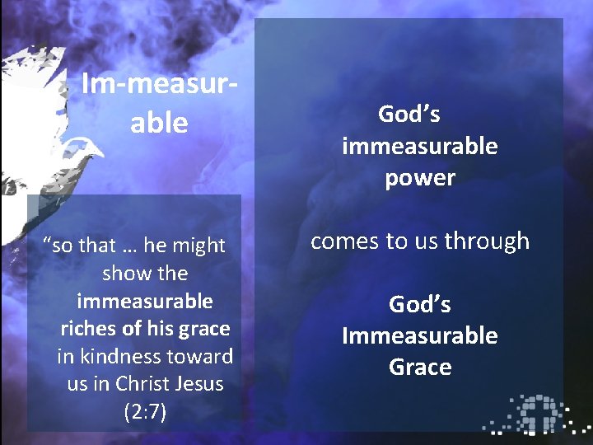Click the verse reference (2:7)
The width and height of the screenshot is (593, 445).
pos(145,412)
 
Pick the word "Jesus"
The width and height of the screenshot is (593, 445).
pos(202,384)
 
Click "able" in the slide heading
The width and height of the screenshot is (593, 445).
pos(159,124)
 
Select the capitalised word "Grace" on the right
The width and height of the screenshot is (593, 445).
pos(420,367)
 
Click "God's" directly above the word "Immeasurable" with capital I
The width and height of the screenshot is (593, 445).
pos(420,304)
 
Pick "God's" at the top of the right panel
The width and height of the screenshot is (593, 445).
pos(409,115)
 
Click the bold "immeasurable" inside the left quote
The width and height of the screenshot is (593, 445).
pos(145,301)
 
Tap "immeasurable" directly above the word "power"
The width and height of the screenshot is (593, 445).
pos(420,147)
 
